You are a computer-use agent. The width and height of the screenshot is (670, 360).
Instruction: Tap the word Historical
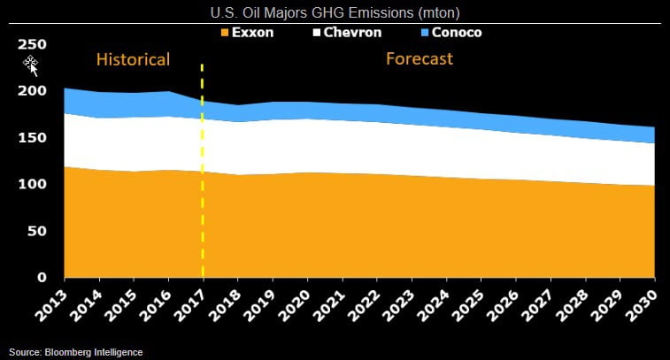point(133,60)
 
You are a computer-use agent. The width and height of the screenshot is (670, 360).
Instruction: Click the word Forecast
point(420,59)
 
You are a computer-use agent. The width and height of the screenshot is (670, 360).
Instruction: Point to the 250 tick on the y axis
point(33,44)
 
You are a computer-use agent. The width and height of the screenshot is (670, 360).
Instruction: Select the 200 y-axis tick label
point(33,91)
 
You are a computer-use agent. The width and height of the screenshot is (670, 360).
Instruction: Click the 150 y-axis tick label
point(33,138)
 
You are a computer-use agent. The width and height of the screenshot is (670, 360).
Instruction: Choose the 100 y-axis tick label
point(33,184)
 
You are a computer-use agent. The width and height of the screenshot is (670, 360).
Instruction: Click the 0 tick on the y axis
point(42,278)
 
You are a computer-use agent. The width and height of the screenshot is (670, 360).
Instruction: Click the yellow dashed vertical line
point(203,177)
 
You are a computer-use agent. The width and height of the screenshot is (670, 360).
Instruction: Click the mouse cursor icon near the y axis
point(31,64)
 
